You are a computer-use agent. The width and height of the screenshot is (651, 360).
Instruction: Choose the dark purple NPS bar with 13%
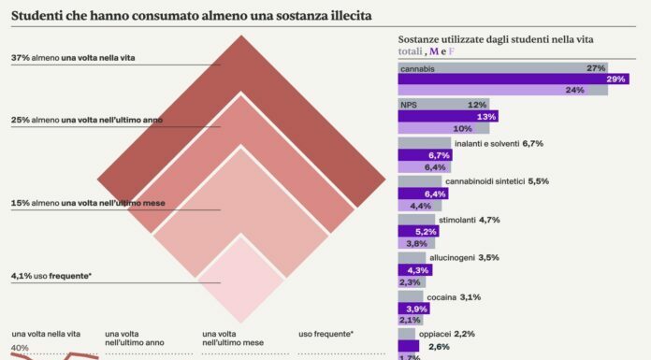(x=447, y=117)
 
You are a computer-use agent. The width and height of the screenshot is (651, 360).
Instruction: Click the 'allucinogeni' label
(x=451, y=256)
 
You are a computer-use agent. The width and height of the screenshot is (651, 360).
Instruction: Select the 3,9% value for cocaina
(x=417, y=309)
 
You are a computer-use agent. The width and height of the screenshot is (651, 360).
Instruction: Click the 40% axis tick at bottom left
(x=21, y=349)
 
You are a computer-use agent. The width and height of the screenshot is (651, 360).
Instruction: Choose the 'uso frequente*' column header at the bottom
(x=325, y=334)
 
